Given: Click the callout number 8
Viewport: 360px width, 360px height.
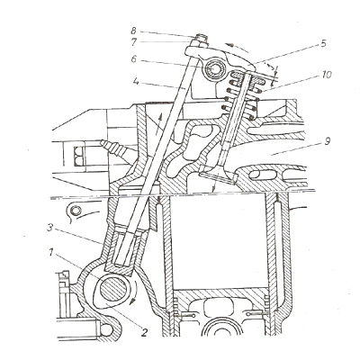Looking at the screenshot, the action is click(x=133, y=31).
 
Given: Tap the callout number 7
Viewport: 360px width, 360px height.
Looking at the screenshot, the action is click(x=134, y=42).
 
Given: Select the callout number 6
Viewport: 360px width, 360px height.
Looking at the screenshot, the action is click(x=134, y=58).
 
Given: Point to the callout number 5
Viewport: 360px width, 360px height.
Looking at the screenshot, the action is click(x=323, y=43).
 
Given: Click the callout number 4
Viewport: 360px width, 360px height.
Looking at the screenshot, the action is click(x=137, y=81).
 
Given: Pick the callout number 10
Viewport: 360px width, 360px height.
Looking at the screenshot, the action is click(x=327, y=75).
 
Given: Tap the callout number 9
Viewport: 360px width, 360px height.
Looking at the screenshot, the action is click(x=328, y=141).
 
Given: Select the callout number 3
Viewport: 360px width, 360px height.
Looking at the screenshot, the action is click(x=50, y=228).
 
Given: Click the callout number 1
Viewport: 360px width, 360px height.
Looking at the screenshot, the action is click(x=51, y=253).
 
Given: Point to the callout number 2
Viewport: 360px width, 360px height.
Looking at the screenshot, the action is click(x=144, y=332).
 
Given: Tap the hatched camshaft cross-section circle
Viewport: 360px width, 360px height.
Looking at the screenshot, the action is click(x=113, y=290).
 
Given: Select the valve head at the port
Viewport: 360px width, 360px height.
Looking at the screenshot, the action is click(x=217, y=175).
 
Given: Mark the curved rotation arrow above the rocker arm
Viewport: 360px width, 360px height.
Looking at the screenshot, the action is click(x=237, y=47).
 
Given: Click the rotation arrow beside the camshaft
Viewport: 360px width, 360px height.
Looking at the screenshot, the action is click(x=134, y=292).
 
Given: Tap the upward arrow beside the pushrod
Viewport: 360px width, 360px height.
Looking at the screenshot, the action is click(x=158, y=124).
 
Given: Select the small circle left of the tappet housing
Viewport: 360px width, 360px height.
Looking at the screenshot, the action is click(x=76, y=211).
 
